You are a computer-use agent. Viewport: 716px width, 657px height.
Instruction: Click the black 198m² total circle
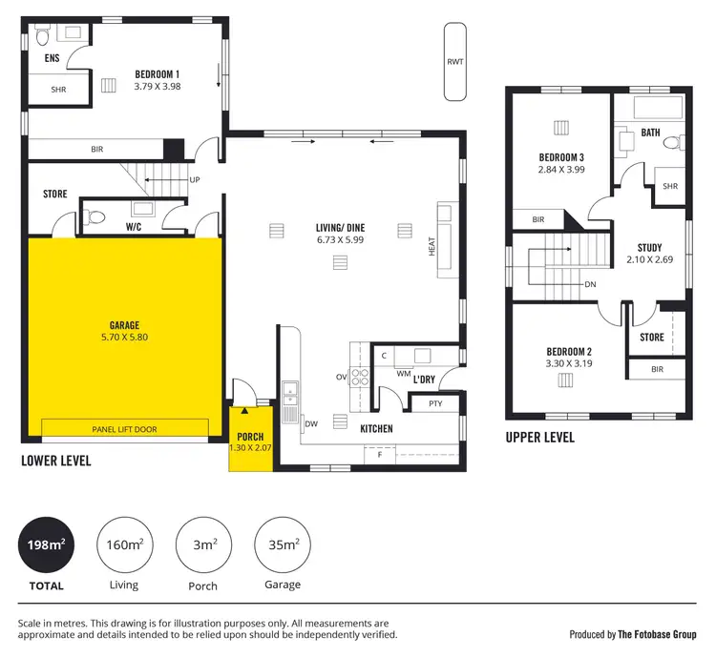(44, 545)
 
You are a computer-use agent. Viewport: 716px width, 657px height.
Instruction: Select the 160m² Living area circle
(124, 545)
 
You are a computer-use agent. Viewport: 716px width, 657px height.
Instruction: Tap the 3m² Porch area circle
(202, 545)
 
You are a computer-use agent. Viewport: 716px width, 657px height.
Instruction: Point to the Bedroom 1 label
(157, 73)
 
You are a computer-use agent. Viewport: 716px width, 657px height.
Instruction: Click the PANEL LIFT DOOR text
(124, 430)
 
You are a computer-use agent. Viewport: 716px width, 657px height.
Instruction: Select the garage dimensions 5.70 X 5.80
(124, 337)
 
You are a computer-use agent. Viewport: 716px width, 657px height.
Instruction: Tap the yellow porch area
(251, 439)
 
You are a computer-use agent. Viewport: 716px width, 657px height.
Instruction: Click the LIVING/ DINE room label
(342, 227)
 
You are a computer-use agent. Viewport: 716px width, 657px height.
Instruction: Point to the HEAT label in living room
(432, 247)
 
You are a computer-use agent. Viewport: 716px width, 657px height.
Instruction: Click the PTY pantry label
(435, 403)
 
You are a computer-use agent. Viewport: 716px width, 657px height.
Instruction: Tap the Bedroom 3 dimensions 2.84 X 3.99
(561, 170)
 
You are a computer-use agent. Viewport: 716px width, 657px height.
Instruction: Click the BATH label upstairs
(650, 133)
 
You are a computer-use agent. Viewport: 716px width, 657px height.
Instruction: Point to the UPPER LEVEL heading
(540, 438)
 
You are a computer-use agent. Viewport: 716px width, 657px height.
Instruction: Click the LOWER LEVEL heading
(56, 461)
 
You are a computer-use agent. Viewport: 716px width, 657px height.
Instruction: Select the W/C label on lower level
(135, 227)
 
